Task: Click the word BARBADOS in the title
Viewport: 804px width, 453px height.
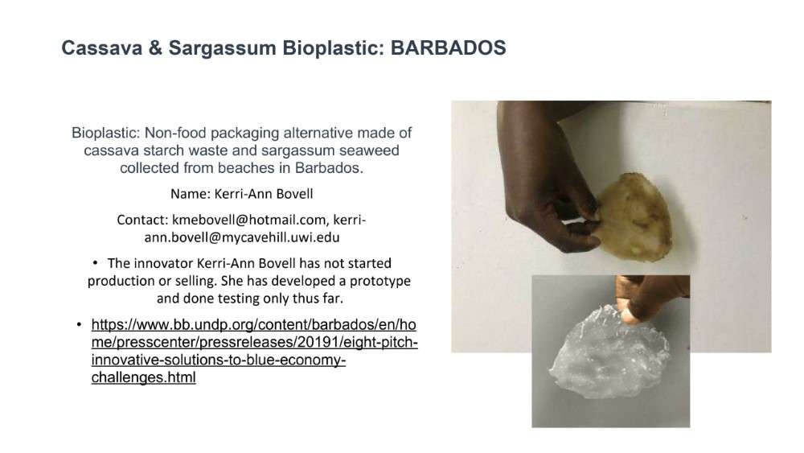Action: point(448,47)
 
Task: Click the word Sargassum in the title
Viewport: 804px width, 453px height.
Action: point(222,48)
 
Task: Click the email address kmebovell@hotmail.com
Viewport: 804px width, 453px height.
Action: point(248,220)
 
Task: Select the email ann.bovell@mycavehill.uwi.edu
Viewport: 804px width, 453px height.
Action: point(241,237)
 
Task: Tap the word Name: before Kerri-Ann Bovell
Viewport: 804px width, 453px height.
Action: point(191,194)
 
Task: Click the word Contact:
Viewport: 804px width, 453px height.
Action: point(142,220)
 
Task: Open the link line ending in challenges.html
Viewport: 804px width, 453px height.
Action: point(144,377)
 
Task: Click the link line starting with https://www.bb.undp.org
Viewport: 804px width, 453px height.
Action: point(253,325)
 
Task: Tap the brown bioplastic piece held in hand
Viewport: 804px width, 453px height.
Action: point(634,217)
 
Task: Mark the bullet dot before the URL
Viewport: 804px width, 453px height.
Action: point(79,325)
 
